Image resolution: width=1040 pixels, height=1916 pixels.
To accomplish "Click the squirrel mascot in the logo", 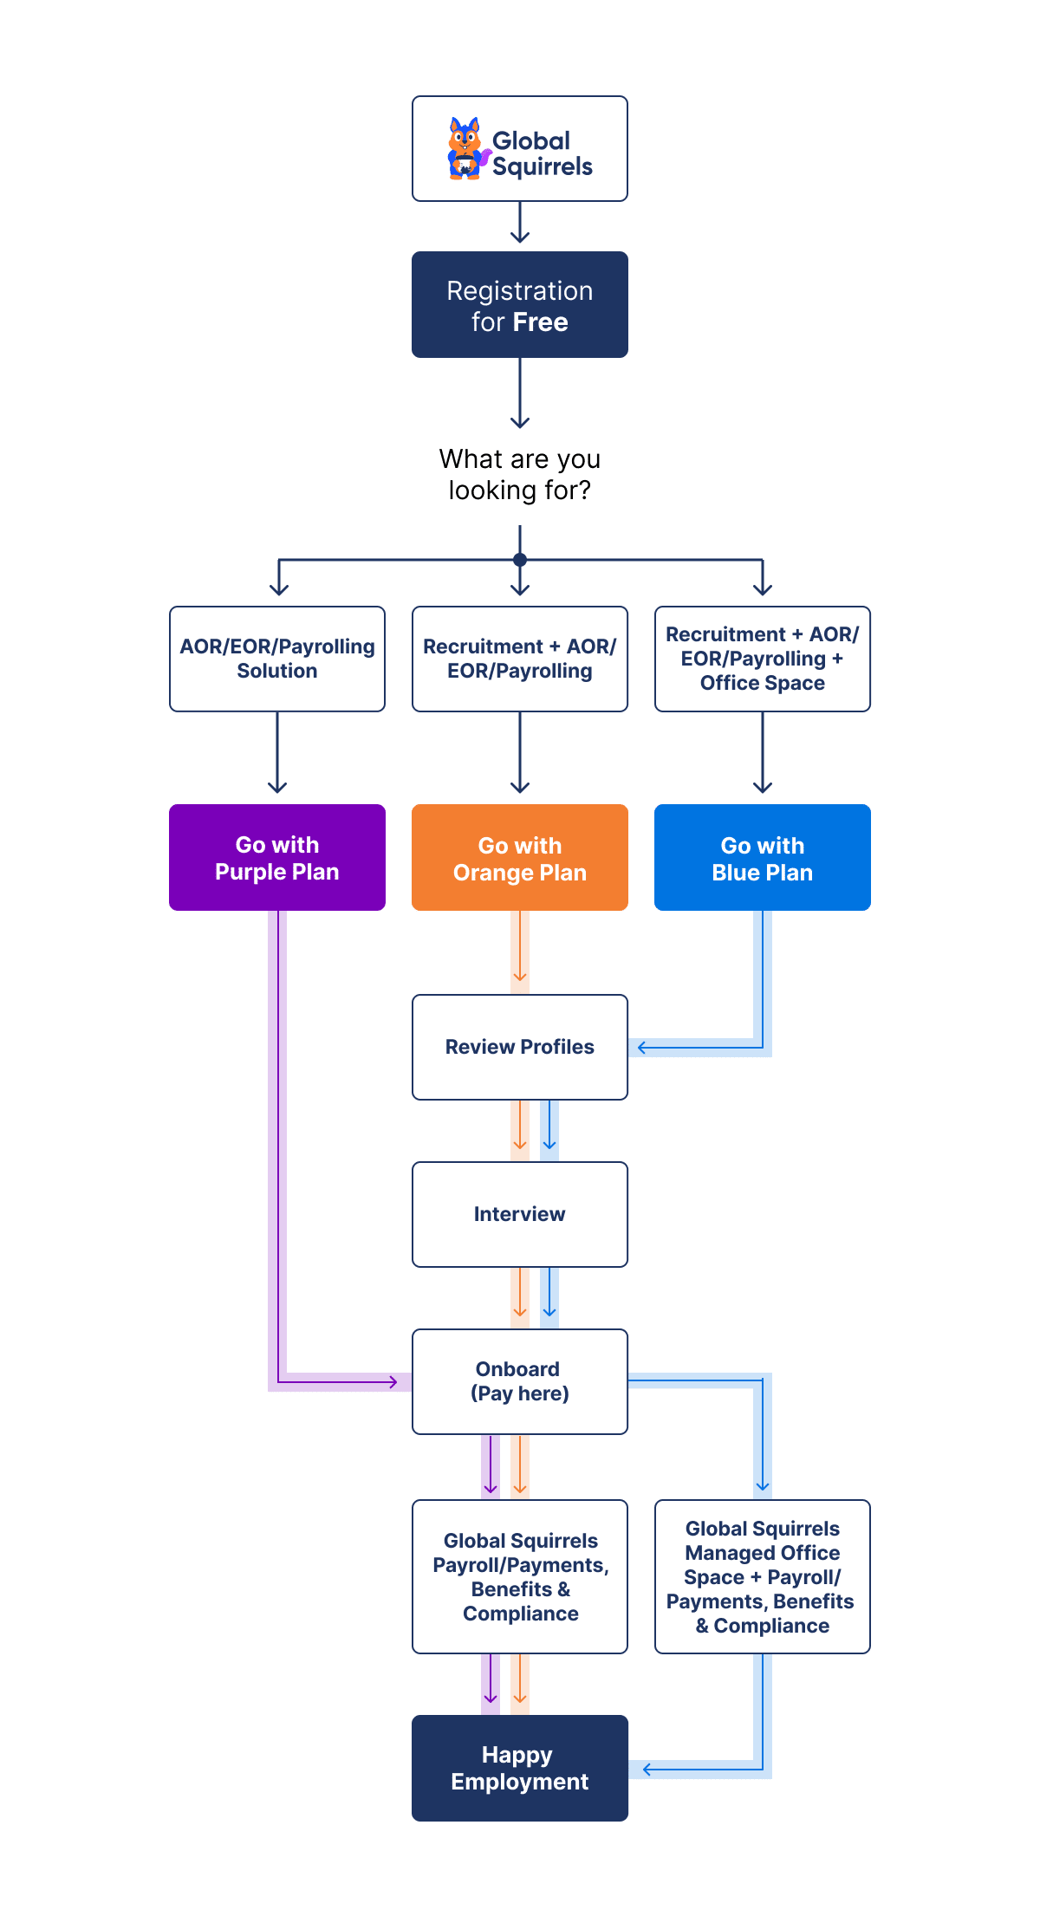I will click(466, 149).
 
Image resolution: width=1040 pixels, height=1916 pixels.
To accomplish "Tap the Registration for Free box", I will click(520, 305).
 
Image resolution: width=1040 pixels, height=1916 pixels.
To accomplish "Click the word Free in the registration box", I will click(539, 322).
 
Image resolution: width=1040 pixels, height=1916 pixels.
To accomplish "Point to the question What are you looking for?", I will click(520, 474).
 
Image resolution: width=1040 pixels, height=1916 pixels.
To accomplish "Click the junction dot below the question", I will click(520, 560).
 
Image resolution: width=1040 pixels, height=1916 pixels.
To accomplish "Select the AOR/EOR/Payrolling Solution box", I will click(277, 659).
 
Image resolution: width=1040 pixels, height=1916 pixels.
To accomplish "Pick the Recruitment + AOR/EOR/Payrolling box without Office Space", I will click(520, 659).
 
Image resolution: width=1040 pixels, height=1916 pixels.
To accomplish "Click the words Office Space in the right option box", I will click(763, 683).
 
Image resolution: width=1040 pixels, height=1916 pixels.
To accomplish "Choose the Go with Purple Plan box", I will click(277, 858).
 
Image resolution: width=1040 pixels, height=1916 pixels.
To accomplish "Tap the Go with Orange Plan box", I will click(520, 858).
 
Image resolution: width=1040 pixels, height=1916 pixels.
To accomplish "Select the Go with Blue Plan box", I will click(763, 858).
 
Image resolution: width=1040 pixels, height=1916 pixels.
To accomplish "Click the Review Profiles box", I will click(520, 1047).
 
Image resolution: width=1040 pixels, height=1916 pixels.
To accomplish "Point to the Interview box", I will click(520, 1214).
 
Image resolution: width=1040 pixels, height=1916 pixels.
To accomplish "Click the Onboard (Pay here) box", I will click(520, 1381).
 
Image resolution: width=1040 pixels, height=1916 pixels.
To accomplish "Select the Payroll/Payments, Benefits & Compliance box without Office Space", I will click(520, 1577).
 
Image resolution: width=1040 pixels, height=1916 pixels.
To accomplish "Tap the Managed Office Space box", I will click(763, 1577).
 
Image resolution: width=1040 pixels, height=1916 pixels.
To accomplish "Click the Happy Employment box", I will click(520, 1768).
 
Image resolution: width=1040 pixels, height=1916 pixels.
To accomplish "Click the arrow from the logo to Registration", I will click(520, 224).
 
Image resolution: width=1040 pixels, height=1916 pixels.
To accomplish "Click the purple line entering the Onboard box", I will click(347, 1381).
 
